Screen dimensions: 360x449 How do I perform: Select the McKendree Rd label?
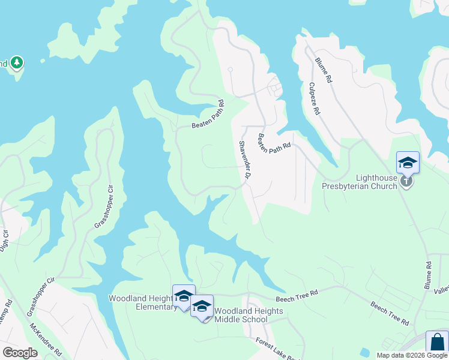pyautogui.click(x=46, y=341)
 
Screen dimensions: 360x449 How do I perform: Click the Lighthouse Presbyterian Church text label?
pyautogui.click(x=368, y=182)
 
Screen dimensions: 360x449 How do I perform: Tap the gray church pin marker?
pyautogui.click(x=407, y=181)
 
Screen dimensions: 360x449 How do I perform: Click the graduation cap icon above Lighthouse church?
pyautogui.click(x=408, y=163)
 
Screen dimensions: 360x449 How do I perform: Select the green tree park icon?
pyautogui.click(x=17, y=62)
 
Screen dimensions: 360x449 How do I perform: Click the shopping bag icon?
pyautogui.click(x=437, y=342)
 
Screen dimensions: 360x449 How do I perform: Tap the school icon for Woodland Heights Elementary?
pyautogui.click(x=184, y=295)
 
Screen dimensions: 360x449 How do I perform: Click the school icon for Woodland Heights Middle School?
pyautogui.click(x=202, y=305)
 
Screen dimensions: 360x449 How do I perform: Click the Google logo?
pyautogui.click(x=19, y=352)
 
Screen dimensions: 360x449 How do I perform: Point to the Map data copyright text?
pyautogui.click(x=412, y=355)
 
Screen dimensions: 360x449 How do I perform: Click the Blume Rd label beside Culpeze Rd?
pyautogui.click(x=325, y=70)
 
